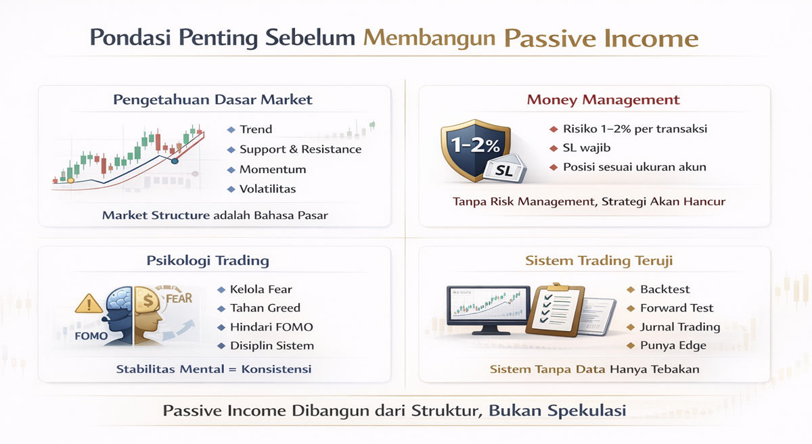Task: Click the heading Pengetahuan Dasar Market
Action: (x=212, y=100)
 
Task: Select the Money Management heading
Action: (x=603, y=100)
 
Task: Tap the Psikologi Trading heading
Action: (x=208, y=261)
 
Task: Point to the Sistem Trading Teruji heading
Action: (x=599, y=261)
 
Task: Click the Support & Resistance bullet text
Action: (x=300, y=149)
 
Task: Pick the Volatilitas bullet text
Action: (x=267, y=189)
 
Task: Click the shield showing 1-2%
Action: (x=475, y=149)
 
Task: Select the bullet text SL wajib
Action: (x=587, y=148)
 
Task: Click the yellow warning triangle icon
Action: (x=89, y=303)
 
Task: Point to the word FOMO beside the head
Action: (x=91, y=336)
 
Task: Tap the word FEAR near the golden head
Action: (x=179, y=299)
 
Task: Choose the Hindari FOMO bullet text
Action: (x=271, y=327)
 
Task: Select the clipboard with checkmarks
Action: (x=555, y=310)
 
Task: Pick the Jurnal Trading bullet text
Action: (x=680, y=327)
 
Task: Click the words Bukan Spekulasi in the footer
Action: (x=558, y=411)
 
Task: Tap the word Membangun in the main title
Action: (x=429, y=39)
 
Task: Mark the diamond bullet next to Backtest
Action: (x=631, y=289)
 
